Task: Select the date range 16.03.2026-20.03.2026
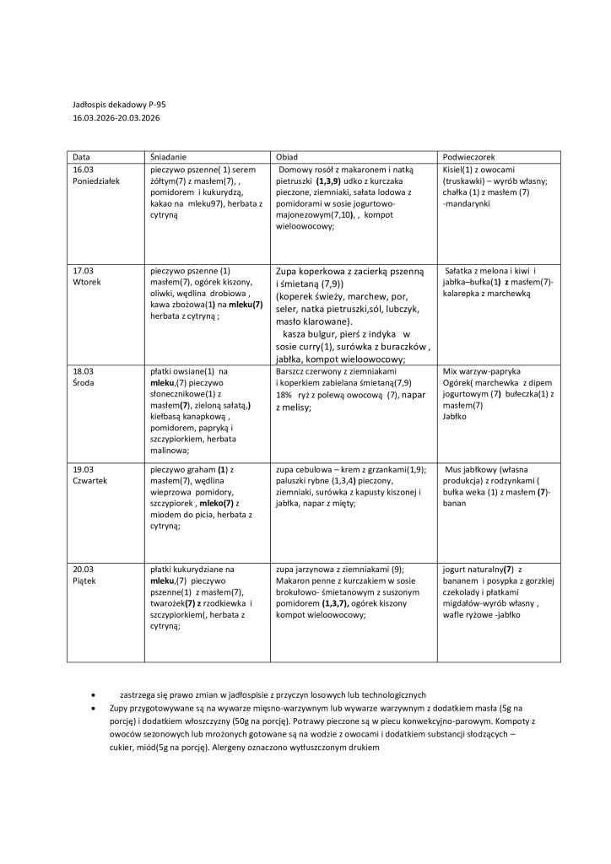coord(116,118)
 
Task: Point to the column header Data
coord(82,158)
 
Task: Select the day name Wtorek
coord(87,283)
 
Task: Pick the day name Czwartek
coord(91,480)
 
